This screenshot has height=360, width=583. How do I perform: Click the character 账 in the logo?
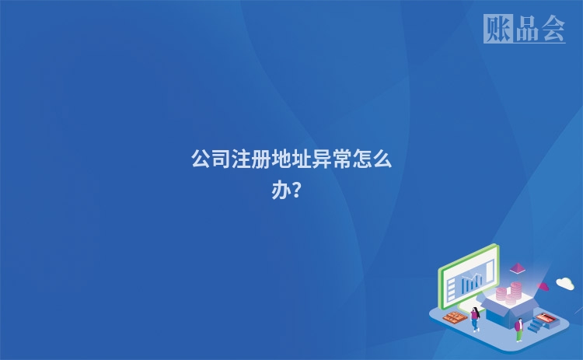[497, 30]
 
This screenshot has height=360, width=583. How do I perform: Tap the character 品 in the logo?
[525, 30]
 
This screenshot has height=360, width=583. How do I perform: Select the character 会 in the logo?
[553, 30]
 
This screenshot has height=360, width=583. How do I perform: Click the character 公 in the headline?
[201, 160]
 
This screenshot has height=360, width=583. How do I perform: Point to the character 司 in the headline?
[222, 160]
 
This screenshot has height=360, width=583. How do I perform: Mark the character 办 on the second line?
[281, 190]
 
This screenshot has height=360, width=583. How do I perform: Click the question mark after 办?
[298, 190]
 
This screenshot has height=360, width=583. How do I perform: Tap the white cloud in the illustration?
[565, 283]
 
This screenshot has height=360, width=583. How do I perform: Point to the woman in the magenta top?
[475, 318]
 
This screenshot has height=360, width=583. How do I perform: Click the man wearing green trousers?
[518, 329]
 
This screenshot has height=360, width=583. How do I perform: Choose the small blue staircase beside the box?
[536, 327]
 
